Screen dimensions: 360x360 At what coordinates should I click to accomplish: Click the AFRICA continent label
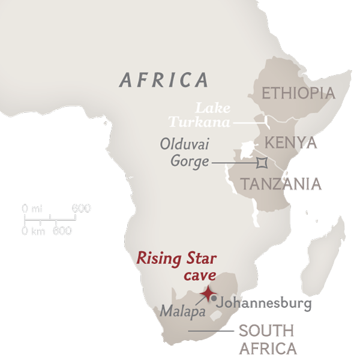pyautogui.click(x=164, y=80)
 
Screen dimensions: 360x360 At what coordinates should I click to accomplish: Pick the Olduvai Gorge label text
pyautogui.click(x=185, y=152)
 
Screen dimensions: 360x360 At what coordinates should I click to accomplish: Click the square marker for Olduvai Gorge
pyautogui.click(x=262, y=162)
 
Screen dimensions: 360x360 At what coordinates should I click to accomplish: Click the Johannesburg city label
pyautogui.click(x=264, y=304)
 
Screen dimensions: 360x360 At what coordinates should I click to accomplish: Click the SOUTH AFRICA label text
pyautogui.click(x=266, y=339)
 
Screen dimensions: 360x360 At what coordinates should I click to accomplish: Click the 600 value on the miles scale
pyautogui.click(x=81, y=209)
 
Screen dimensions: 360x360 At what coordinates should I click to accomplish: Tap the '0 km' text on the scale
pyautogui.click(x=34, y=231)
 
